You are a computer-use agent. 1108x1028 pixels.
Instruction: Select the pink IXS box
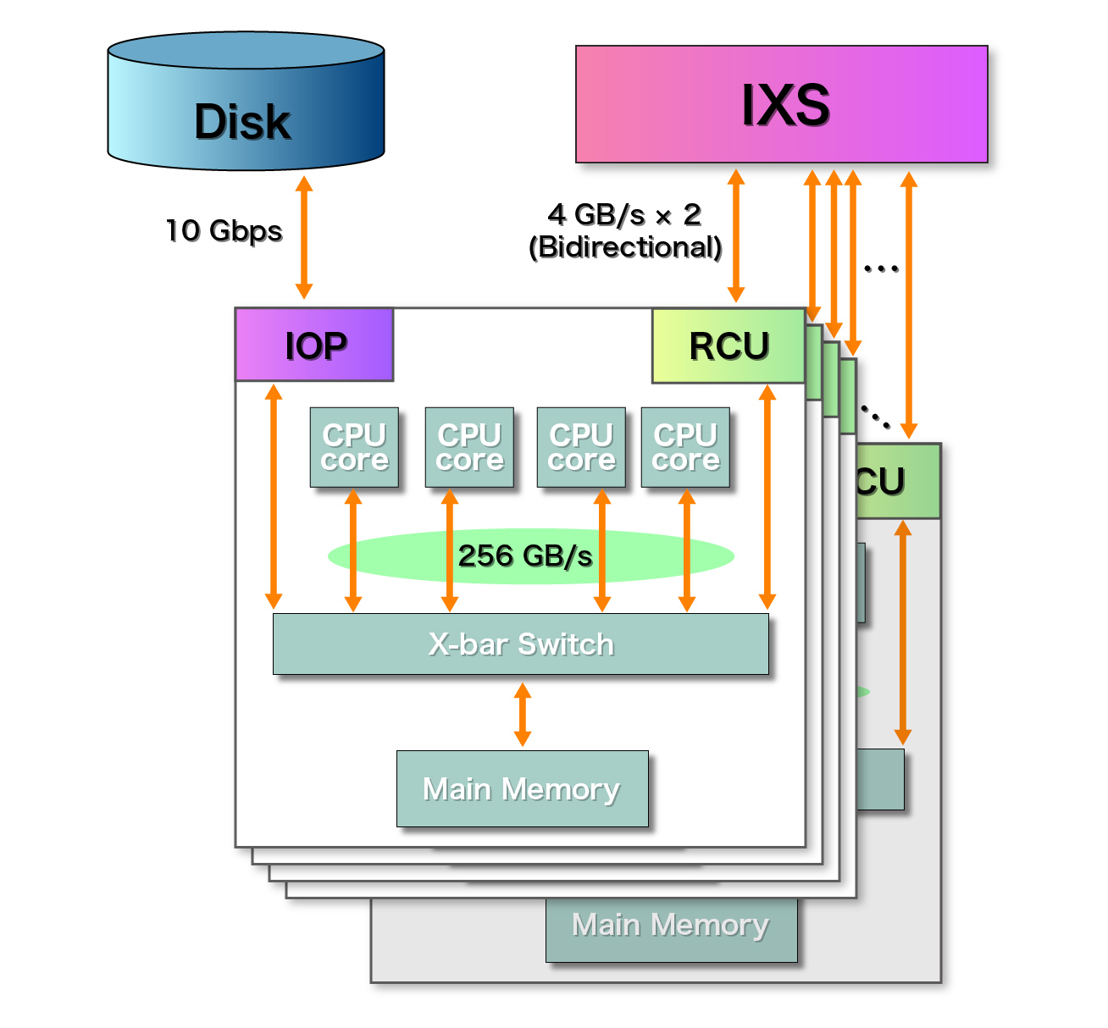(x=781, y=104)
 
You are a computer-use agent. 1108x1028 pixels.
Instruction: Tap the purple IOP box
(x=314, y=345)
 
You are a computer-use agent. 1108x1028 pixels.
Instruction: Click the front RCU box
(x=729, y=345)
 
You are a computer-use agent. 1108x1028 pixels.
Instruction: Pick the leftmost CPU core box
(x=354, y=448)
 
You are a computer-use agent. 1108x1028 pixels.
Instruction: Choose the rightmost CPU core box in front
(x=685, y=448)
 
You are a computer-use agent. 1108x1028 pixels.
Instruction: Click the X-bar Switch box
(x=520, y=644)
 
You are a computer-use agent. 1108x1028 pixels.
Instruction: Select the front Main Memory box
(x=522, y=789)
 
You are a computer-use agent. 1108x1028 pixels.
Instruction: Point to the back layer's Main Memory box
(x=671, y=927)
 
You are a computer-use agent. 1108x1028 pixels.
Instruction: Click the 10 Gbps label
(x=224, y=230)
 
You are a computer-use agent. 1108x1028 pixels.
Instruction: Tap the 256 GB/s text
(x=525, y=556)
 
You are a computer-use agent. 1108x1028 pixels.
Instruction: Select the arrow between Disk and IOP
(x=304, y=237)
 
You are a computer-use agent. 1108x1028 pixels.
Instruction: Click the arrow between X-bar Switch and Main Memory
(x=523, y=714)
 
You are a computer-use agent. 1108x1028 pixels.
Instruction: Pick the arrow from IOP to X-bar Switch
(x=274, y=497)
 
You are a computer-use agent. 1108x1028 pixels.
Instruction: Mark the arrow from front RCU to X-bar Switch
(x=767, y=497)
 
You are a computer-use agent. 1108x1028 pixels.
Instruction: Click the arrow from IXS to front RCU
(x=736, y=236)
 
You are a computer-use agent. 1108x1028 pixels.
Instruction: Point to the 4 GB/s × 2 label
(x=624, y=215)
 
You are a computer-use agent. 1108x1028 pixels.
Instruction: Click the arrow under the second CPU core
(x=450, y=550)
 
